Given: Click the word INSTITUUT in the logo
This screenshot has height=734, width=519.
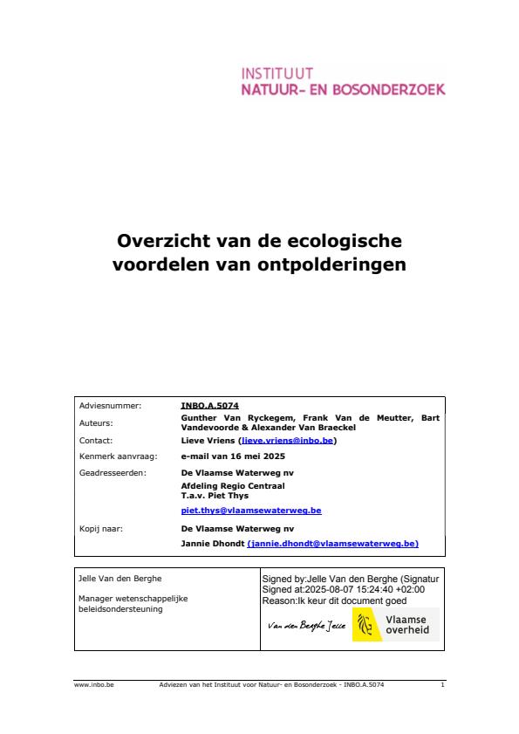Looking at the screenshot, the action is pyautogui.click(x=277, y=73).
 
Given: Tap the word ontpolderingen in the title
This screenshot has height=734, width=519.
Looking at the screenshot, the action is pyautogui.click(x=335, y=264).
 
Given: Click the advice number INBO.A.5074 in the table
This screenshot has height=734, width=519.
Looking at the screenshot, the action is pyautogui.click(x=209, y=406).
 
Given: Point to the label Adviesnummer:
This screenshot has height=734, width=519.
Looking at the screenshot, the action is pyautogui.click(x=103, y=406).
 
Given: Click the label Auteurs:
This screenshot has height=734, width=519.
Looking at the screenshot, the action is pyautogui.click(x=96, y=422).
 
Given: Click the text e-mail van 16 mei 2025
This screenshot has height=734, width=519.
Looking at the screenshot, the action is pyautogui.click(x=227, y=456).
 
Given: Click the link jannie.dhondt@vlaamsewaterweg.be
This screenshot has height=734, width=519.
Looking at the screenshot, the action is pyautogui.click(x=334, y=543).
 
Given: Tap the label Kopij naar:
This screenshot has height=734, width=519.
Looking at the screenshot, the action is pyautogui.click(x=99, y=528).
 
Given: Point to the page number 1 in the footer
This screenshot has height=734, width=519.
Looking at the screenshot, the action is pyautogui.click(x=443, y=685).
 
